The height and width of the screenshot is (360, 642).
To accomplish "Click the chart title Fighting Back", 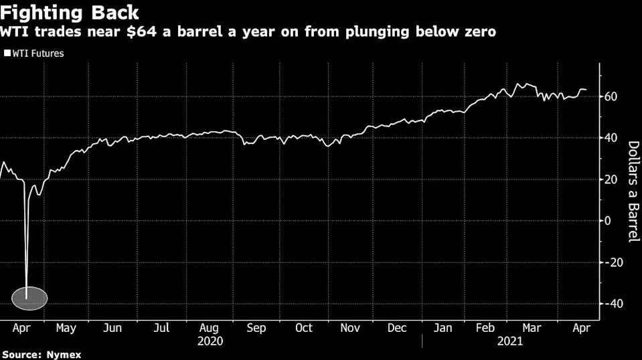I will click(70, 13).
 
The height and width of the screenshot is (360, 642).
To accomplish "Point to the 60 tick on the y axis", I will click(611, 96).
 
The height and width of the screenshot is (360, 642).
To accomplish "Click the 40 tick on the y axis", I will click(611, 138).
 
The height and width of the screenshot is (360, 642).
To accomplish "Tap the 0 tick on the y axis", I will click(608, 221).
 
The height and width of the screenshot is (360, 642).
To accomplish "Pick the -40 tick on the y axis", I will click(613, 304).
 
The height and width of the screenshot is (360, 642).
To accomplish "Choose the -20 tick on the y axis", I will click(613, 262).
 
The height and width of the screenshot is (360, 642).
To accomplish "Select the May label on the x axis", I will click(66, 328).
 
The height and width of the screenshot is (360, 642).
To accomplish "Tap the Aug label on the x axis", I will click(209, 328).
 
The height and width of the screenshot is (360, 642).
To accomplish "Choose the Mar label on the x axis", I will click(533, 328).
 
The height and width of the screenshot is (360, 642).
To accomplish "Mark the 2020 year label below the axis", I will click(210, 340).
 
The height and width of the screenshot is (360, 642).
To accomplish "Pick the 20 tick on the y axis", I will click(611, 179).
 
